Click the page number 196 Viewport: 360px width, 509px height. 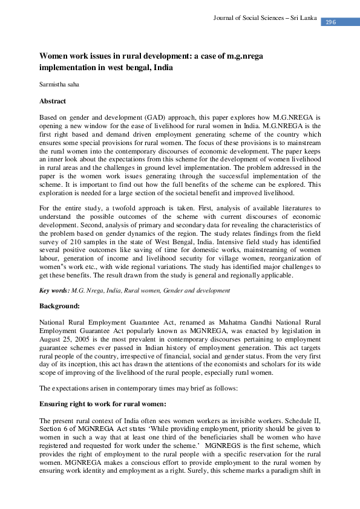tap(330, 22)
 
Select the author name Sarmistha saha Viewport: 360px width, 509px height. tap(59, 85)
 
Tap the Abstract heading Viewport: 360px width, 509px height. tap(53, 101)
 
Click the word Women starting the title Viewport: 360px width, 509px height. tap(54, 55)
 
